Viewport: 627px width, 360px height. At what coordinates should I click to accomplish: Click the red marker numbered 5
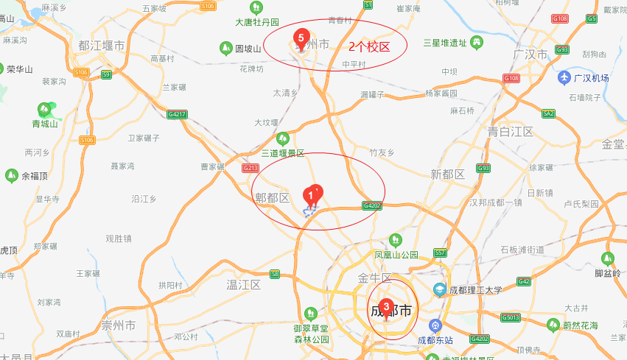(300, 37)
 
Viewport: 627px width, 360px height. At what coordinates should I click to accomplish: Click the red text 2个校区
(368, 46)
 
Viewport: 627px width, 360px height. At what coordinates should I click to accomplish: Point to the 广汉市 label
(531, 55)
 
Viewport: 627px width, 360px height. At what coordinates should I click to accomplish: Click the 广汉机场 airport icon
(564, 78)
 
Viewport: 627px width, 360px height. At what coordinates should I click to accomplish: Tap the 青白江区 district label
(510, 132)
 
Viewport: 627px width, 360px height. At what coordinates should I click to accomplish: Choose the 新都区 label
(447, 174)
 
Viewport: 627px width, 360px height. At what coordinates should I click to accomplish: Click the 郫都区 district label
(273, 197)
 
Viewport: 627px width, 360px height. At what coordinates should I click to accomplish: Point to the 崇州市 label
(119, 325)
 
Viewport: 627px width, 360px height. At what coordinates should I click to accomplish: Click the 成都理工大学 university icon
(440, 290)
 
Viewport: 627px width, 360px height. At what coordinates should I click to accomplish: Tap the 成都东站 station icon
(435, 325)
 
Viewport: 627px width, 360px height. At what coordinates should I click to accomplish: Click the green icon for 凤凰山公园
(396, 240)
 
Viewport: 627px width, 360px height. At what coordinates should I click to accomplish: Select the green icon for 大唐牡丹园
(255, 7)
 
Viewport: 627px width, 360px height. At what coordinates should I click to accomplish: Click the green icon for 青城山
(45, 110)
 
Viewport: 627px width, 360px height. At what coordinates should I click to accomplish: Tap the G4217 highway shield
(177, 114)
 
